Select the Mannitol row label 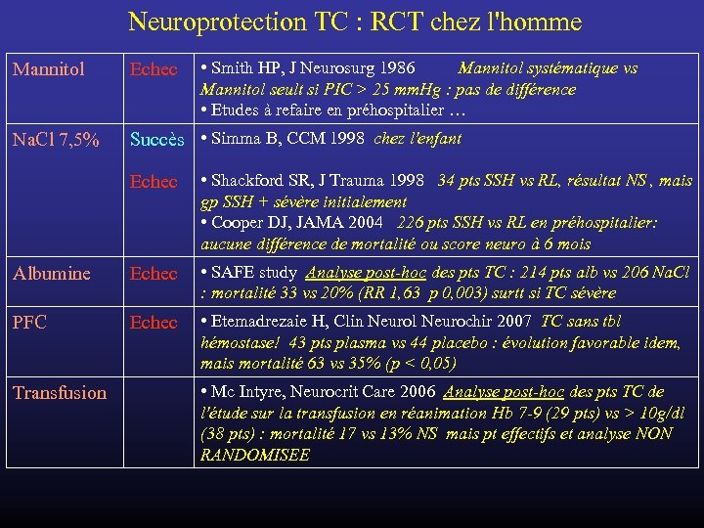(48, 69)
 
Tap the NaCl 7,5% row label (55, 140)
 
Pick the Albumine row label (52, 274)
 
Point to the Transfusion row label (60, 392)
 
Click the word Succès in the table (157, 140)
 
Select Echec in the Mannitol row (154, 69)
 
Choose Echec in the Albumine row (154, 274)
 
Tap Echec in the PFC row (154, 322)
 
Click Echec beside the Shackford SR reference (154, 181)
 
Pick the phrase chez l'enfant (418, 139)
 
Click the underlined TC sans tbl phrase (580, 321)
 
